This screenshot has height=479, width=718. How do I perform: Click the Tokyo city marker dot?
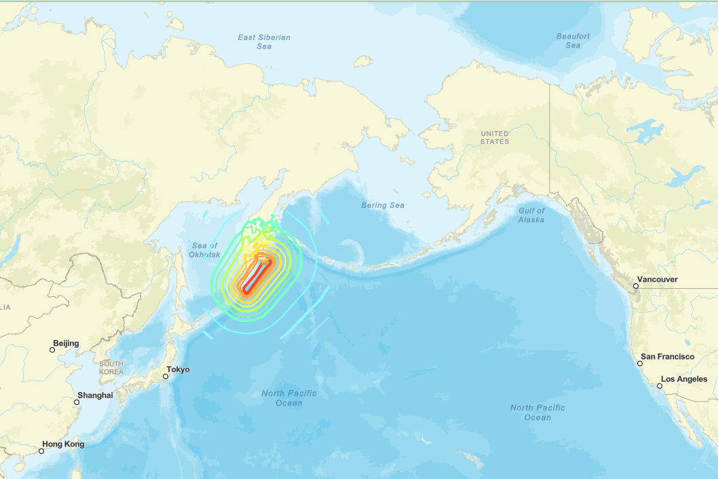166,376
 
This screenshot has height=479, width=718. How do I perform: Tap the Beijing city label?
66,343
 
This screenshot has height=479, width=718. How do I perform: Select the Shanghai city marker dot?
77,402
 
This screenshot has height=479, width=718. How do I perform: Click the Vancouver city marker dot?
636,286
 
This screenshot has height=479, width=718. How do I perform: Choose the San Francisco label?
668,357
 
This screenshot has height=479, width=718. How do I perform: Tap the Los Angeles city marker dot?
660,386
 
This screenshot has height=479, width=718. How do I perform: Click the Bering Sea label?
383,205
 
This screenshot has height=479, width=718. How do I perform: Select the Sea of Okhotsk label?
204,250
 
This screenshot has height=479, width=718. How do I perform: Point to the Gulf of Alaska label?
531,215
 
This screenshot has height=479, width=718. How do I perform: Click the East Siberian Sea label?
264,41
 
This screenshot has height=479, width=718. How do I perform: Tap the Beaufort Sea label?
573,41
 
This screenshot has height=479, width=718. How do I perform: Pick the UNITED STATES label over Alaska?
494,137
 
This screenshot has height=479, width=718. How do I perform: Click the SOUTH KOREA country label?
111,368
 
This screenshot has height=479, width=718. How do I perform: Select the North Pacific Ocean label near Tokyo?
289,398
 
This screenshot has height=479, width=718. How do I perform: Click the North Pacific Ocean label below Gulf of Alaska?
537,412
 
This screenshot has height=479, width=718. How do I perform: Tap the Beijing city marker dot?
52,350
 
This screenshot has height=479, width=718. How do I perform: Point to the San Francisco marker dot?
640,363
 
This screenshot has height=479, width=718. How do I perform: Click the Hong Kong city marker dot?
42,451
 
